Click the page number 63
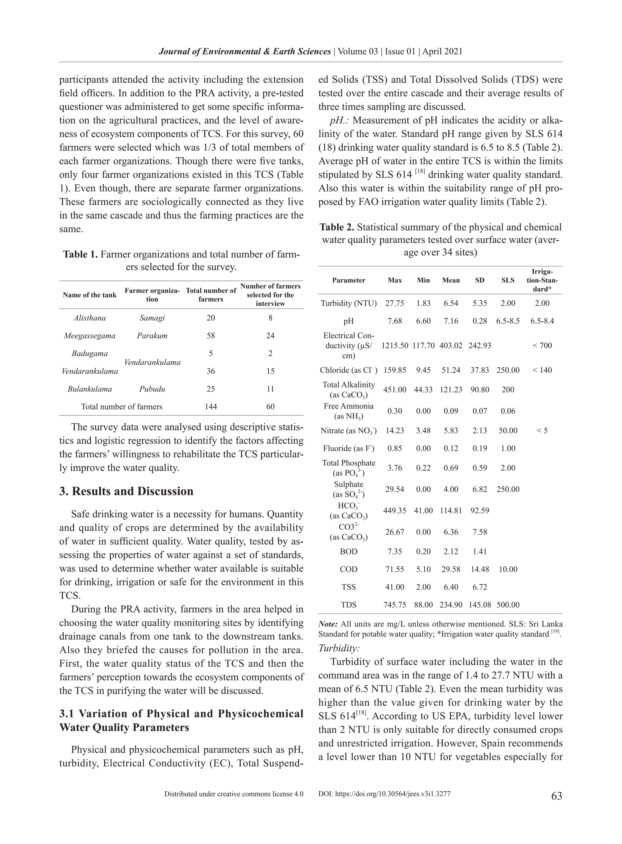556,796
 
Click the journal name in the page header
245,52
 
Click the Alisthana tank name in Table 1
90,318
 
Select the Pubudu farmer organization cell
152,389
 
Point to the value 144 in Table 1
210,407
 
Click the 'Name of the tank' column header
90,295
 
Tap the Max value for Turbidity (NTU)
395,303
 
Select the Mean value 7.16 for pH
451,321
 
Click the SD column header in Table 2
480,280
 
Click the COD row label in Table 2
348,569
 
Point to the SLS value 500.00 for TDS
508,605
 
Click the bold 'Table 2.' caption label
337,227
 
